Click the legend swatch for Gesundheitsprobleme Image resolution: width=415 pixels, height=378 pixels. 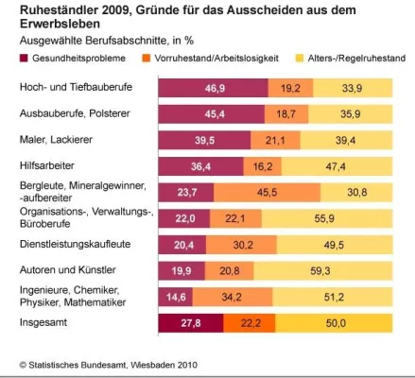[26, 60]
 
